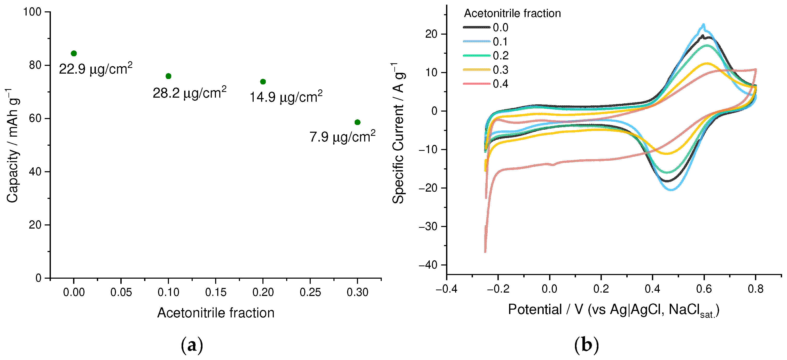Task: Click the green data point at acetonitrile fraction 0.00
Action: (x=74, y=53)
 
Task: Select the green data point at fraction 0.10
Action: (x=168, y=76)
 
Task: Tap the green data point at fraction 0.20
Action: (x=263, y=82)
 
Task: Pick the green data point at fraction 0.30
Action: (x=357, y=122)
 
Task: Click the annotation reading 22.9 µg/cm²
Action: (x=96, y=69)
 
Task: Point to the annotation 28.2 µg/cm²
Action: (x=189, y=92)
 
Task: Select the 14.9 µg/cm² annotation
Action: (x=286, y=97)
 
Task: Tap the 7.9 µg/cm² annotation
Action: (x=342, y=137)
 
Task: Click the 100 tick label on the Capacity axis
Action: (x=32, y=12)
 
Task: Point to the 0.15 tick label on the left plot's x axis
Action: (x=216, y=292)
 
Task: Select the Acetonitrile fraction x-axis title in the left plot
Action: (x=216, y=313)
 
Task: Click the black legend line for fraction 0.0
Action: (x=477, y=27)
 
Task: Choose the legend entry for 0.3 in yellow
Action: (x=486, y=70)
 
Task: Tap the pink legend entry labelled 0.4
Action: (x=486, y=84)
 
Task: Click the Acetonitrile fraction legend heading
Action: (x=512, y=13)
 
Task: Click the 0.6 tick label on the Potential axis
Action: (x=704, y=289)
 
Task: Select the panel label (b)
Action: (x=586, y=345)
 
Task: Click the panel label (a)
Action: (x=192, y=345)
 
